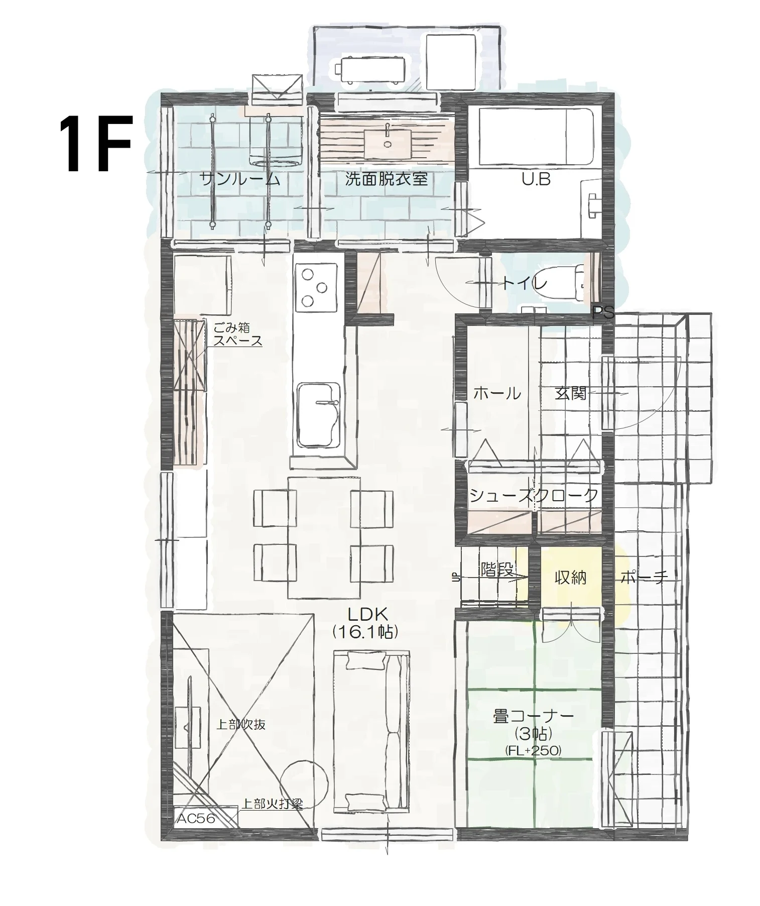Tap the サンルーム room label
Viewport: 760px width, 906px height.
(x=239, y=179)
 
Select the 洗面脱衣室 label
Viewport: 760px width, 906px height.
(x=386, y=179)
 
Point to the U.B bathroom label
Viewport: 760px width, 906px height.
(x=536, y=179)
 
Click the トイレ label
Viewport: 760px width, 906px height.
(x=525, y=284)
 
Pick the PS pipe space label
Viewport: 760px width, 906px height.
(x=603, y=313)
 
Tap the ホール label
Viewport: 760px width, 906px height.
(x=497, y=393)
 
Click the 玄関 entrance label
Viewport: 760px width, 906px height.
(x=571, y=393)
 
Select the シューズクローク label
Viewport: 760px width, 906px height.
(x=534, y=496)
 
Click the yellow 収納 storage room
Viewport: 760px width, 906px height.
(x=571, y=578)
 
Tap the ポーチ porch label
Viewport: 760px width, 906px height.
(x=645, y=578)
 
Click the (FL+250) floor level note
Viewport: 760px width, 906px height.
(x=533, y=750)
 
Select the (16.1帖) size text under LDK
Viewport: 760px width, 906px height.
(x=365, y=632)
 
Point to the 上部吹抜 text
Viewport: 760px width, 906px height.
(x=241, y=725)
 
